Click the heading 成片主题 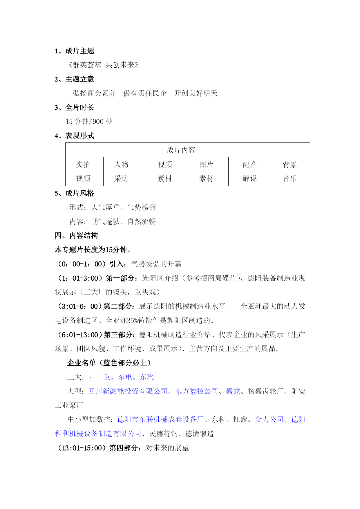(79, 51)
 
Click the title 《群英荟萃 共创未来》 (103, 65)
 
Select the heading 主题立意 (79, 79)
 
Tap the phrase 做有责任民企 (145, 93)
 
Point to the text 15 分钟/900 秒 (89, 122)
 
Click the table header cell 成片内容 (181, 150)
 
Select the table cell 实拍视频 (83, 172)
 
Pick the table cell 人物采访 (121, 172)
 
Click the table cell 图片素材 (206, 172)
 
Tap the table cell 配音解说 (250, 172)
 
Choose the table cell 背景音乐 (290, 172)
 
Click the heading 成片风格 (79, 193)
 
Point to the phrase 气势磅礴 (142, 207)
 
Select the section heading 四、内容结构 (76, 236)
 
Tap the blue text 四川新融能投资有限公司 (128, 391)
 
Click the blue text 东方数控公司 (197, 391)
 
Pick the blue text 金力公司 (269, 420)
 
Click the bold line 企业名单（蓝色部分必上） (109, 363)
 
